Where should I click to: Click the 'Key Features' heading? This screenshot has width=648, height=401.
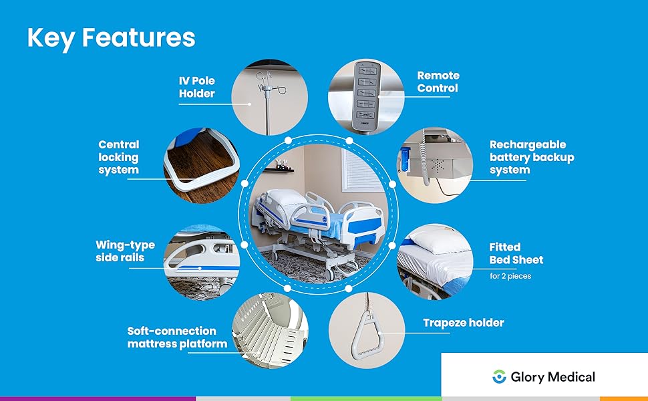pyautogui.click(x=111, y=37)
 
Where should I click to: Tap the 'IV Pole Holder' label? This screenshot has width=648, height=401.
pyautogui.click(x=196, y=87)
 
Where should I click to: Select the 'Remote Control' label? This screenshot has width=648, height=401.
pyautogui.click(x=438, y=82)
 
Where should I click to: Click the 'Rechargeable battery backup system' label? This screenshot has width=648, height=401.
pyautogui.click(x=532, y=157)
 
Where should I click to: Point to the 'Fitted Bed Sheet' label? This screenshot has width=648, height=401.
pyautogui.click(x=516, y=253)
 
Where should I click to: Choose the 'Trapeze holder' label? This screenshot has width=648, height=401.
pyautogui.click(x=463, y=323)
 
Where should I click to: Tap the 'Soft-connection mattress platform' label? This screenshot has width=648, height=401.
pyautogui.click(x=177, y=338)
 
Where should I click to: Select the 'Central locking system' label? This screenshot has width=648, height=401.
pyautogui.click(x=118, y=156)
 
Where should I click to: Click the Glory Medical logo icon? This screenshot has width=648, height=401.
pyautogui.click(x=498, y=377)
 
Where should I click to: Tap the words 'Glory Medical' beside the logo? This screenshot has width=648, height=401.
pyautogui.click(x=552, y=377)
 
